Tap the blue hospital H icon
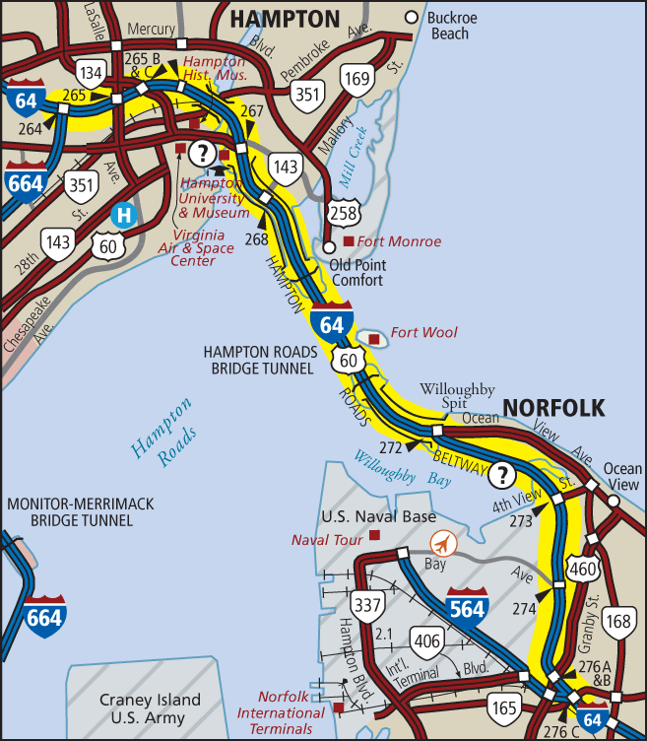click(x=123, y=214)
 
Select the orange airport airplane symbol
click(x=444, y=543)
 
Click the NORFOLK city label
click(x=554, y=408)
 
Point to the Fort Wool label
click(x=423, y=332)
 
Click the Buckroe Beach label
click(x=460, y=27)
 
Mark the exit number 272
click(x=390, y=446)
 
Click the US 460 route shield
click(x=582, y=568)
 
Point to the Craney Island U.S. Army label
click(x=150, y=708)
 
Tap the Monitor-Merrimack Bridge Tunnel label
click(x=80, y=511)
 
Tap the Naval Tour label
click(x=327, y=539)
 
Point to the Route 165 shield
click(x=503, y=706)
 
